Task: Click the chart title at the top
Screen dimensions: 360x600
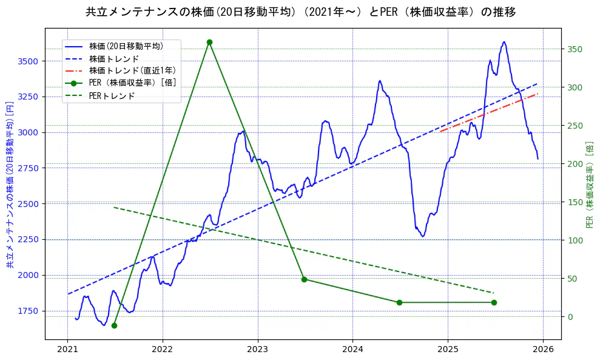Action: click(x=300, y=12)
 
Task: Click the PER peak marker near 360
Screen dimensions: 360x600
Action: click(x=209, y=42)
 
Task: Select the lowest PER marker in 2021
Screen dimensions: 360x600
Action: click(x=114, y=325)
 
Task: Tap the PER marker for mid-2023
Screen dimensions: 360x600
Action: click(x=304, y=279)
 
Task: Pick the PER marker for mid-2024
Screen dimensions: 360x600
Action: click(x=399, y=302)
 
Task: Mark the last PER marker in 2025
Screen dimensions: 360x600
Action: click(x=494, y=302)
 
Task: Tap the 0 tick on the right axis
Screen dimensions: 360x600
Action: click(x=570, y=317)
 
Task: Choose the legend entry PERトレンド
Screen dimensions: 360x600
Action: click(x=112, y=96)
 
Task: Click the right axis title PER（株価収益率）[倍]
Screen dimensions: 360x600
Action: click(x=590, y=185)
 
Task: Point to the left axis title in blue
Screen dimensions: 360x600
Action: click(x=10, y=185)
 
